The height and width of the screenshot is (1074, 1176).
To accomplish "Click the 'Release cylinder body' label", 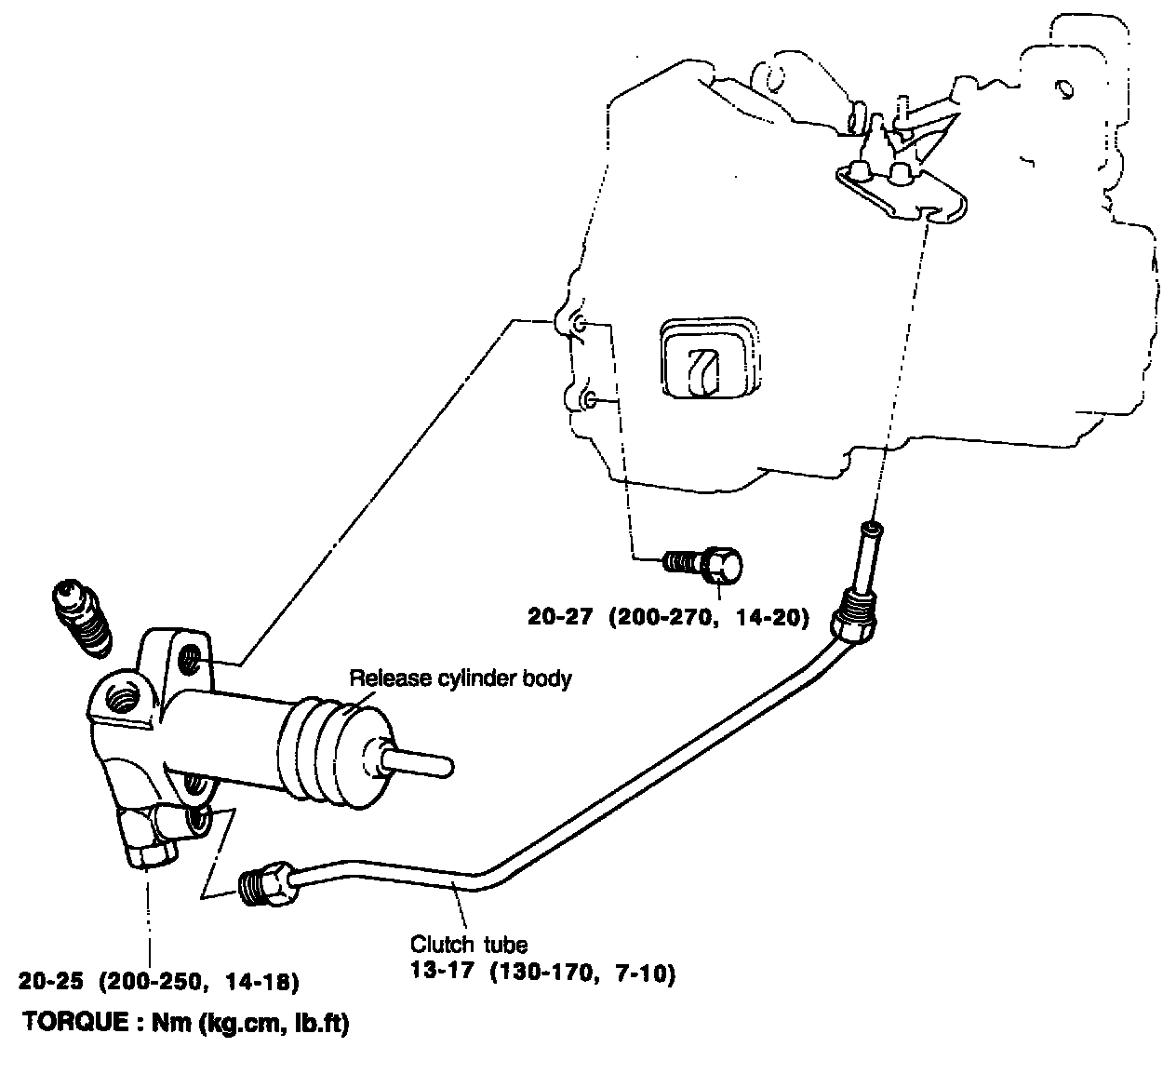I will (x=460, y=678).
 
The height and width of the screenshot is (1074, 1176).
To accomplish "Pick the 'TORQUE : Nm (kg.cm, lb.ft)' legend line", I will (x=185, y=1022).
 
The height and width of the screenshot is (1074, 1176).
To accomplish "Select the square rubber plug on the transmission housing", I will (x=707, y=362).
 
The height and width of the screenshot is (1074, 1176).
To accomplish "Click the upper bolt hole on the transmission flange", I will (x=579, y=325).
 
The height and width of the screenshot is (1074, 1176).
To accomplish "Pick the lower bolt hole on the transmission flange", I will (x=588, y=400).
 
